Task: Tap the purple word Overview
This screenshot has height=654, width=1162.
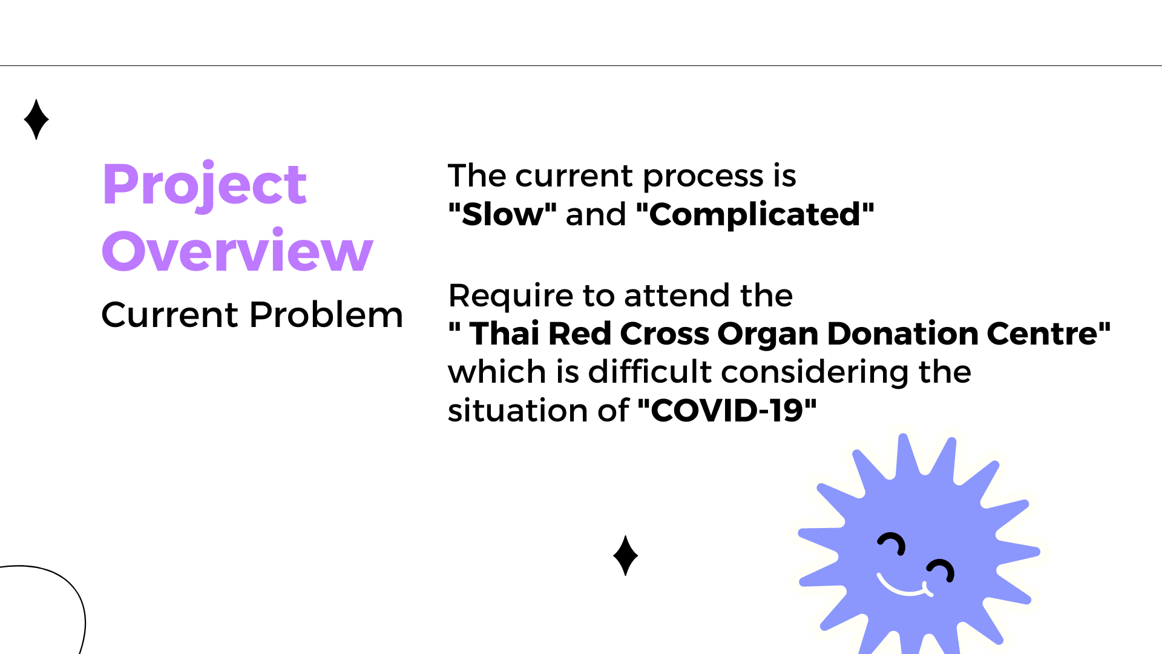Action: (x=237, y=250)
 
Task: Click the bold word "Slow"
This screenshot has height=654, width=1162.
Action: (x=502, y=214)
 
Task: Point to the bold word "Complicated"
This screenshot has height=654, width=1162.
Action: (x=755, y=214)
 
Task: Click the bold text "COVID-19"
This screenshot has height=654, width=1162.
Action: (x=727, y=411)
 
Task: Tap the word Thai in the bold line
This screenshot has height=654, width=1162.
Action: (x=505, y=334)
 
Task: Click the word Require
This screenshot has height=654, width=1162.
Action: (x=511, y=297)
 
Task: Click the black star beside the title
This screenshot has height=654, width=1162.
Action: (x=36, y=119)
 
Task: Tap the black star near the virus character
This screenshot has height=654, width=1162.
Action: (x=625, y=555)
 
